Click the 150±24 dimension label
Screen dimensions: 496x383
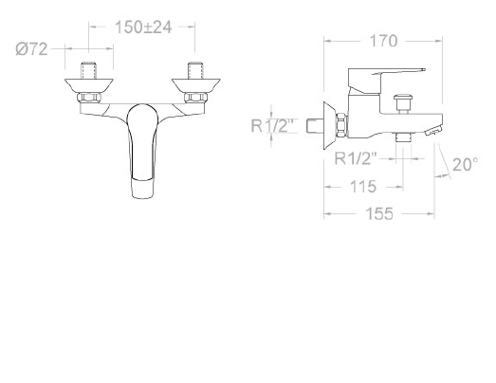pyautogui.click(x=143, y=27)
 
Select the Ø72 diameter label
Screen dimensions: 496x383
pyautogui.click(x=31, y=49)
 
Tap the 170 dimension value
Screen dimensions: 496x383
pyautogui.click(x=383, y=41)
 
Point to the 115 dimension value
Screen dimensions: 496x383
pyautogui.click(x=363, y=187)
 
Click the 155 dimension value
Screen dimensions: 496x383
pyautogui.click(x=379, y=214)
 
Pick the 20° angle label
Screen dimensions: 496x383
pyautogui.click(x=466, y=164)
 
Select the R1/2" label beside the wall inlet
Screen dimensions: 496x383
pyautogui.click(x=274, y=125)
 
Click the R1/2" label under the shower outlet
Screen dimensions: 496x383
pyautogui.click(x=356, y=158)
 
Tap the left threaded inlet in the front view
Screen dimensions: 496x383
pyautogui.click(x=89, y=70)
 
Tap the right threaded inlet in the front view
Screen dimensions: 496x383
pyautogui.click(x=195, y=70)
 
